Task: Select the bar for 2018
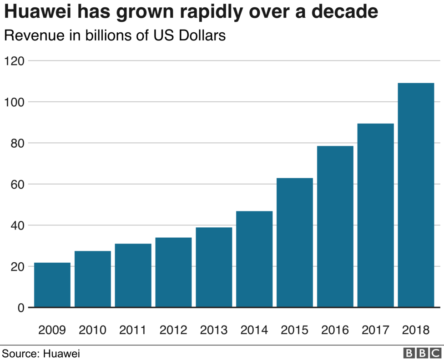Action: point(416,195)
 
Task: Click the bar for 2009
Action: point(52,285)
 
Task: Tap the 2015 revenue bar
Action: point(295,243)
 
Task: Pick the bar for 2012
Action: point(173,272)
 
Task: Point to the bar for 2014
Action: point(254,259)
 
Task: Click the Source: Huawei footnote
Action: point(41,353)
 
